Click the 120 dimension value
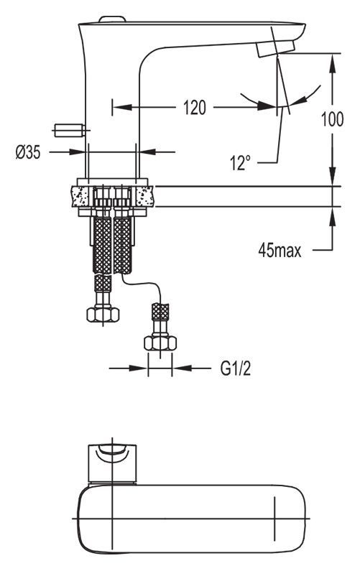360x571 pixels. (195, 108)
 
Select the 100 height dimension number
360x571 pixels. (332, 119)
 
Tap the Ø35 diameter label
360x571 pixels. (28, 152)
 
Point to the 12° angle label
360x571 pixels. (240, 162)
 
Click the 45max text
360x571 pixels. (280, 251)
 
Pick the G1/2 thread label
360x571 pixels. (236, 369)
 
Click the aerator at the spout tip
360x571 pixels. (275, 48)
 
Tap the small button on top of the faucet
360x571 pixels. (113, 19)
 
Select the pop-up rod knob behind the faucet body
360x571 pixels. (70, 131)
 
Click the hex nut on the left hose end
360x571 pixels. (103, 315)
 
